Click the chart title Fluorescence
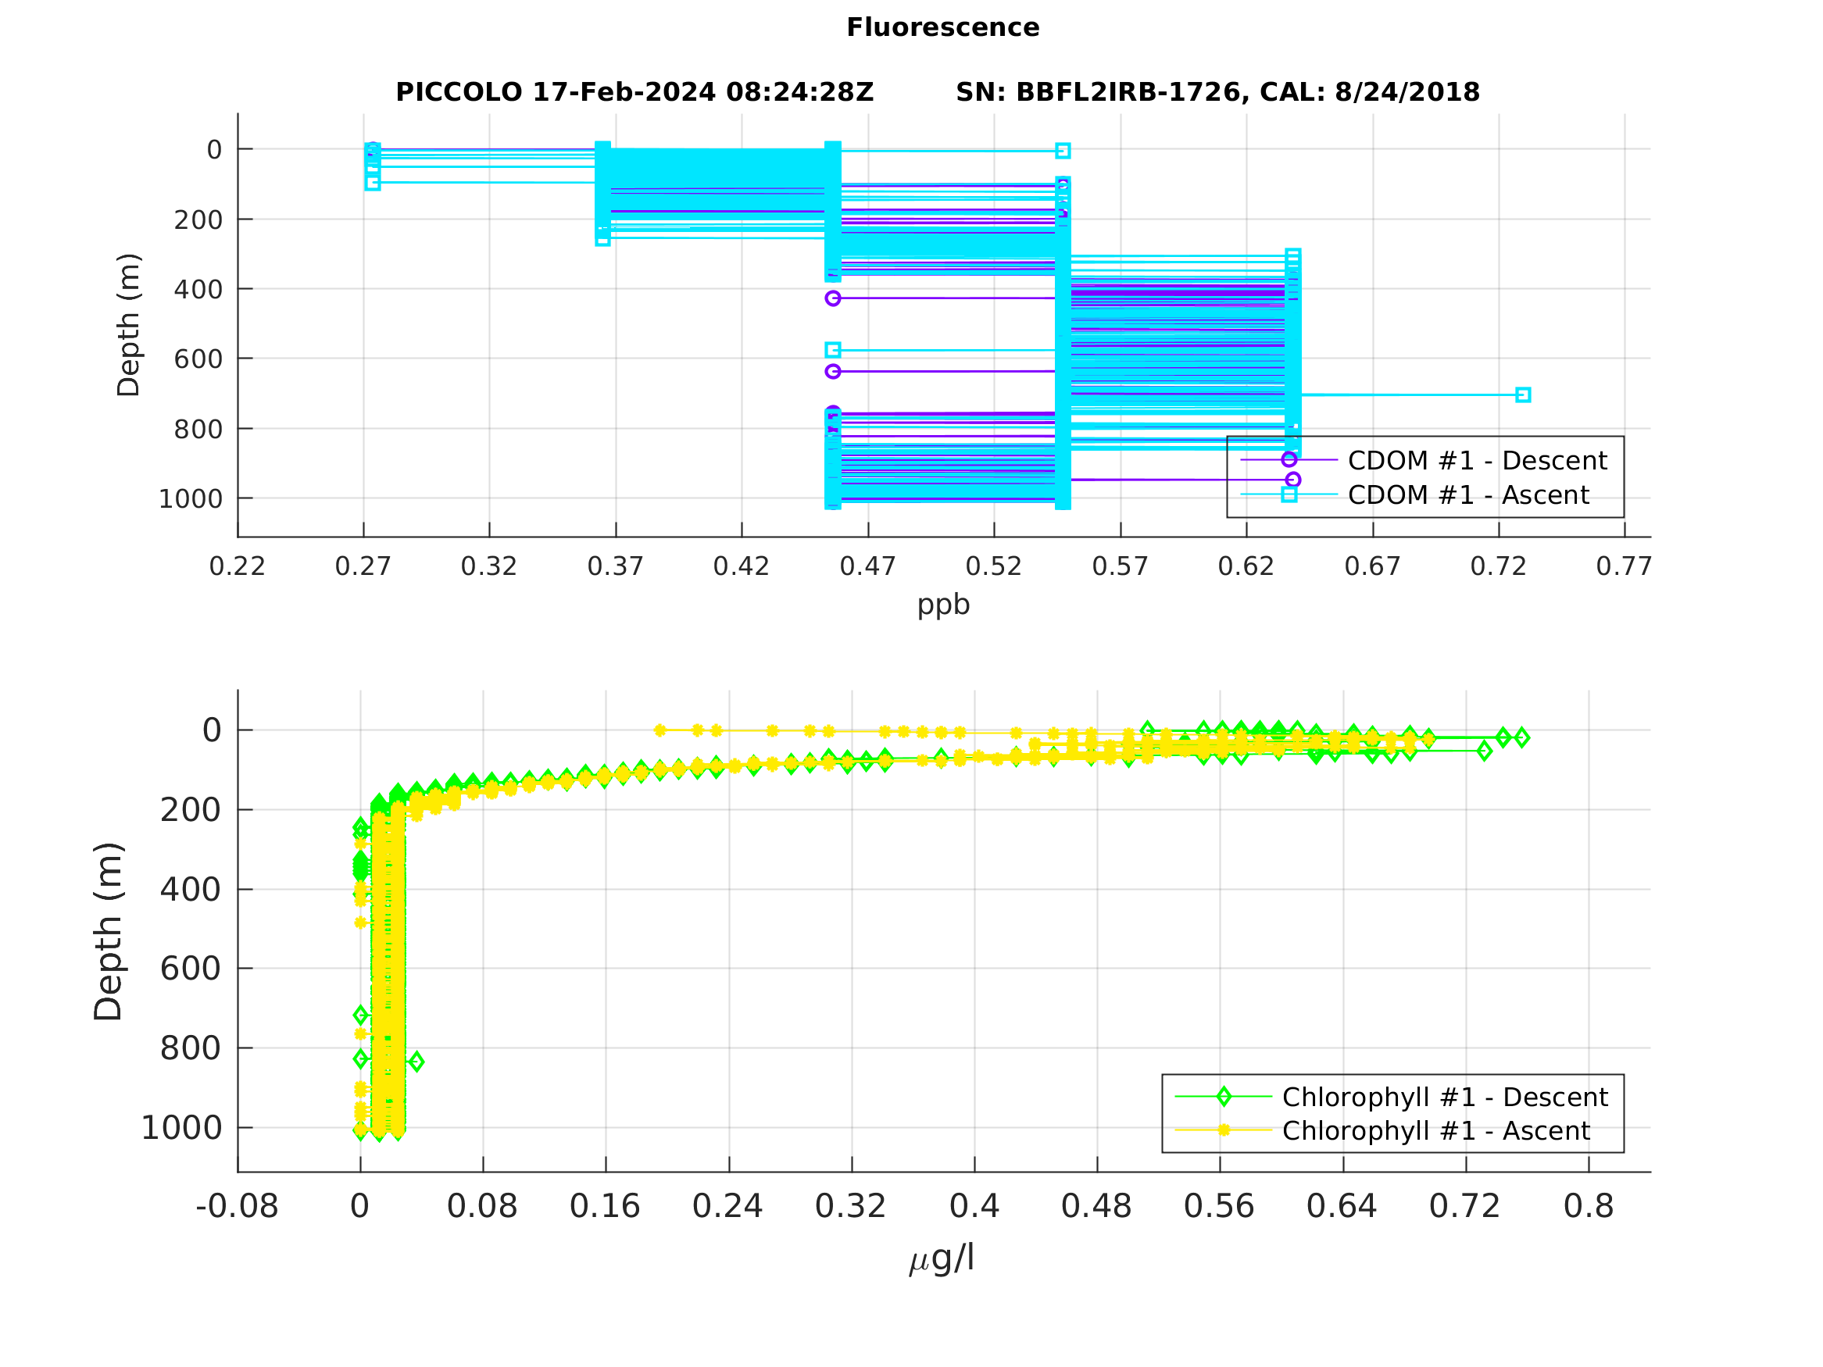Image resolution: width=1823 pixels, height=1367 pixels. (x=942, y=27)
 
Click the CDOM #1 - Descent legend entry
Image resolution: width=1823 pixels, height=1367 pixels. (x=1476, y=460)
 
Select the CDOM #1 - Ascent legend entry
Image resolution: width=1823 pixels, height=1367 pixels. (x=1467, y=494)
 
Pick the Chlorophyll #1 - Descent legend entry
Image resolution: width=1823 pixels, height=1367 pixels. (x=1444, y=1097)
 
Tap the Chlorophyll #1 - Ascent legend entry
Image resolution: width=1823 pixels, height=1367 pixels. (x=1435, y=1130)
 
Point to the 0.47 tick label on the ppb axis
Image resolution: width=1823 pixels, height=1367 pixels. (x=867, y=566)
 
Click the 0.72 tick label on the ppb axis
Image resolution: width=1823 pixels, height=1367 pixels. (x=1497, y=566)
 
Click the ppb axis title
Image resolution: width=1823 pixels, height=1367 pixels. (x=943, y=604)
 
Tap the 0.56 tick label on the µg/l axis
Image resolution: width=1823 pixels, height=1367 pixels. (x=1219, y=1206)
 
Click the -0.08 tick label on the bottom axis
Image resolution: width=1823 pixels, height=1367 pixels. (x=238, y=1206)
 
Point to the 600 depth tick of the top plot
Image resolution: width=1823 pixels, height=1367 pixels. (x=198, y=359)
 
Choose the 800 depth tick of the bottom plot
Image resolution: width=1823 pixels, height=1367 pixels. (x=191, y=1048)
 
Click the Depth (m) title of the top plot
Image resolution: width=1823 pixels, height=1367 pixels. (x=129, y=325)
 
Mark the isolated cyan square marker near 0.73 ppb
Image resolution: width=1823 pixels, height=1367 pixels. (x=1522, y=394)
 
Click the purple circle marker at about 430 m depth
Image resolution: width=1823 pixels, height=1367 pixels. (x=832, y=298)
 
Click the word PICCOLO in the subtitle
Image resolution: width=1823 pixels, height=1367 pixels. (x=458, y=92)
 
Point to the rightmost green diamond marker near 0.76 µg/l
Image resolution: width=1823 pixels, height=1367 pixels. (x=1521, y=737)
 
